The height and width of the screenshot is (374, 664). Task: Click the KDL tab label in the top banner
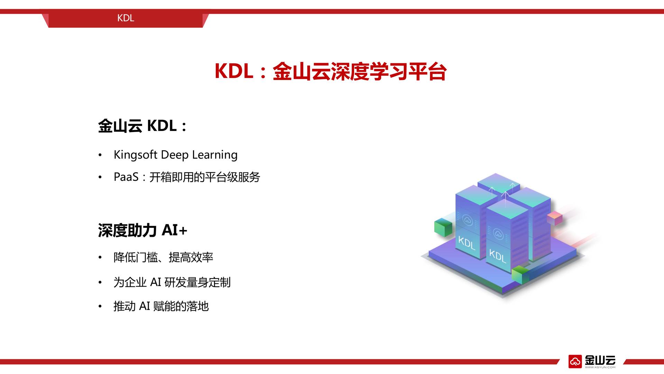pos(126,18)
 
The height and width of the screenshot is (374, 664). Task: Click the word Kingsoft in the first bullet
pos(136,155)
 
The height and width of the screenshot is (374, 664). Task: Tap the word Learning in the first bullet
pos(215,155)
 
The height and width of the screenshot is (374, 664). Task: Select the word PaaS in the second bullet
pos(126,177)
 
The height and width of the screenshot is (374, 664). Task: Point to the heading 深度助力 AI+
pos(142,230)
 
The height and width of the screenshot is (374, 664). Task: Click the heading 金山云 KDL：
pos(142,126)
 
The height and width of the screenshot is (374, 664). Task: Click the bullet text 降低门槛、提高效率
pos(163,257)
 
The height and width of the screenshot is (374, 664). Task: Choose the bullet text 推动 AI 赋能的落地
pos(161,306)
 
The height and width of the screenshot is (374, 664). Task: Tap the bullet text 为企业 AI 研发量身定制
pos(172,282)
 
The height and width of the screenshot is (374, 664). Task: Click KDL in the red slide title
pos(234,71)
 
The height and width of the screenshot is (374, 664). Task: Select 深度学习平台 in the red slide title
pos(388,72)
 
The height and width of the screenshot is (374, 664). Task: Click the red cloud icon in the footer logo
pos(575,362)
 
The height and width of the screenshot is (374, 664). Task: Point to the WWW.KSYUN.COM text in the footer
pos(600,367)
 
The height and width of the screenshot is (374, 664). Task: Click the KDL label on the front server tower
pos(498,256)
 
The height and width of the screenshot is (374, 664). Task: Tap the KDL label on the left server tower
pos(467,242)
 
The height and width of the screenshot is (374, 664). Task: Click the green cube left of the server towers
pos(443,227)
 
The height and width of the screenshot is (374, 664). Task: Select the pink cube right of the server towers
pos(555,218)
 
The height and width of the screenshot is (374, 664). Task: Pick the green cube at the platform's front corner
pos(520,275)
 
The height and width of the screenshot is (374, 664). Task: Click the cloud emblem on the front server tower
pos(498,234)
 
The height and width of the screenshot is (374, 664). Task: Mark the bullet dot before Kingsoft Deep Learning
pos(100,155)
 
